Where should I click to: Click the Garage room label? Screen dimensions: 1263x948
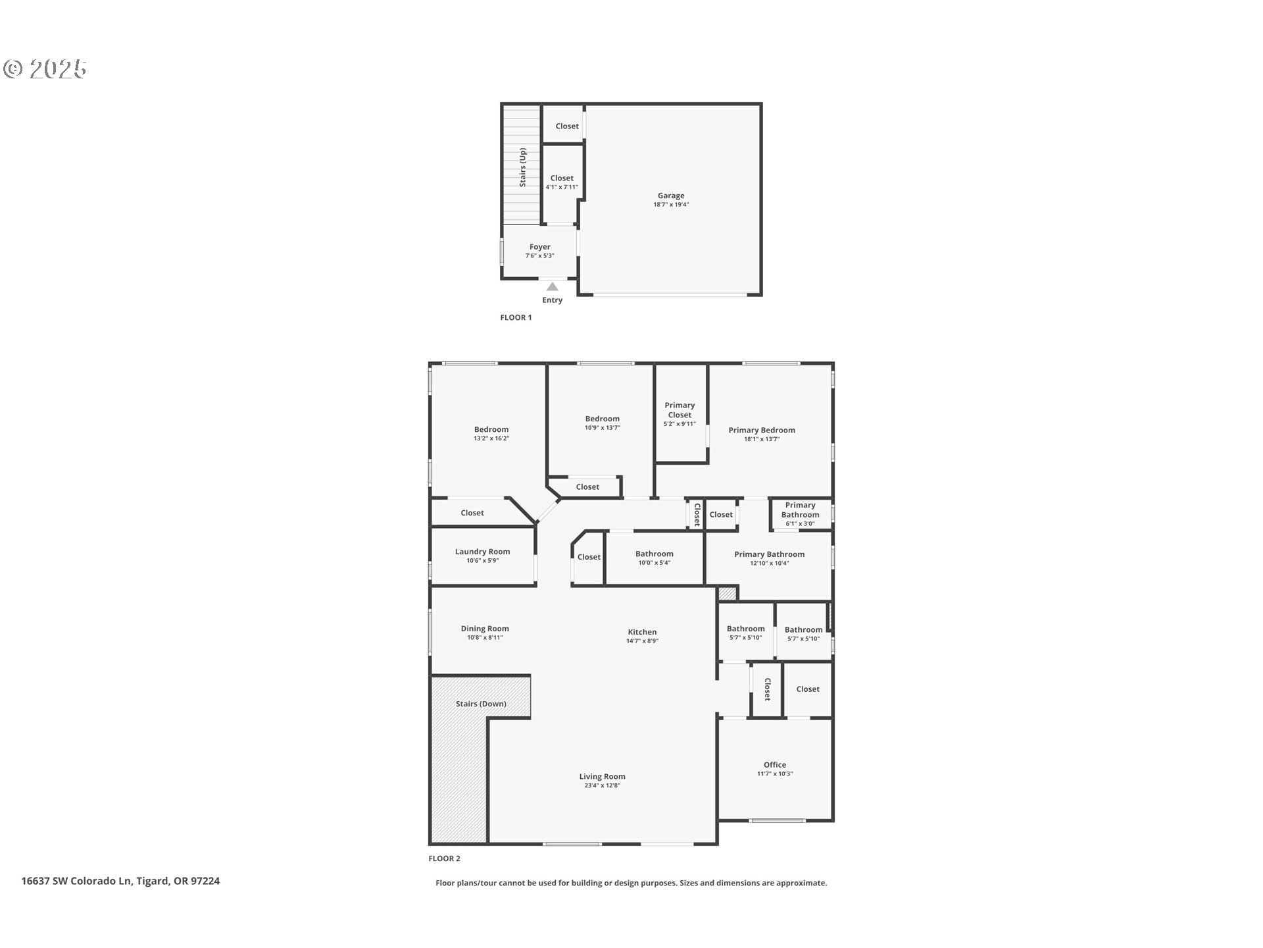(671, 196)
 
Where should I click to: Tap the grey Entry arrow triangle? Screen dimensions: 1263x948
(553, 286)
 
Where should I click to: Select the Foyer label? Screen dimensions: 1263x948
(540, 247)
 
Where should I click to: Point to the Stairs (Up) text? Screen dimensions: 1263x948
(523, 167)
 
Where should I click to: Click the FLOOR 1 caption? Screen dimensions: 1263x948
(516, 317)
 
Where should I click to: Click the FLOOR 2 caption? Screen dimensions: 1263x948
(445, 858)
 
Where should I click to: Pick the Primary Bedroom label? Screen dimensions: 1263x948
(762, 430)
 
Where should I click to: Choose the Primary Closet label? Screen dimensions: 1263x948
(680, 410)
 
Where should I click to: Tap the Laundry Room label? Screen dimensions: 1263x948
(482, 552)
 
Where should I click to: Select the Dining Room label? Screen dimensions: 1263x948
(485, 629)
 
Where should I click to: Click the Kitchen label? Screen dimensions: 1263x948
(642, 632)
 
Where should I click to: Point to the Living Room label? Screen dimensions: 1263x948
(603, 777)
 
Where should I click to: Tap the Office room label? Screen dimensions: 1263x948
(775, 765)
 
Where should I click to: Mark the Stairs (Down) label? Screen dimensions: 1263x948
(481, 704)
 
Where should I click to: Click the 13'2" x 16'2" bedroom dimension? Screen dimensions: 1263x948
(491, 438)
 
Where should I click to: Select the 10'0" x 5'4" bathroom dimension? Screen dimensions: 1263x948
(655, 563)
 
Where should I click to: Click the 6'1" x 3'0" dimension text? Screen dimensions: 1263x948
(800, 524)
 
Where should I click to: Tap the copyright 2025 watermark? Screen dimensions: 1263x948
(45, 68)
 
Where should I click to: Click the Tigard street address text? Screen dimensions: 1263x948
(120, 881)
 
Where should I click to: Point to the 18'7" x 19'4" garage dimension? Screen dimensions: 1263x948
(671, 205)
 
